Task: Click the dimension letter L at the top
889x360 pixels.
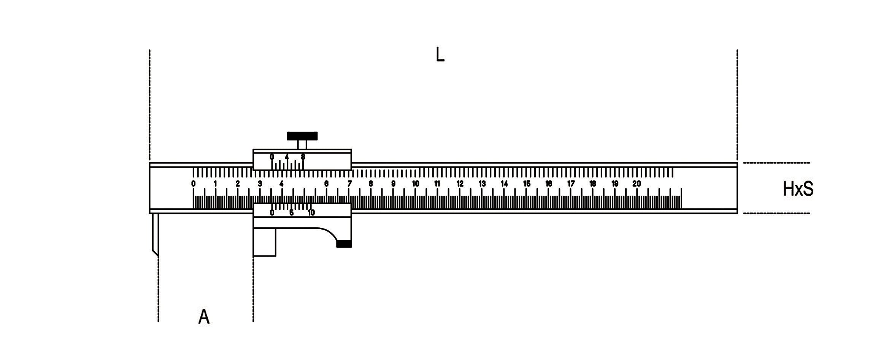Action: [x=440, y=56]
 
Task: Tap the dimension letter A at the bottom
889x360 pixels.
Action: [x=204, y=317]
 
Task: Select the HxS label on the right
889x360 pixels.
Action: [x=798, y=189]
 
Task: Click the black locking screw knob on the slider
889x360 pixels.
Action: [x=302, y=136]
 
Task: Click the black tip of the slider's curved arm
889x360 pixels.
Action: [x=344, y=244]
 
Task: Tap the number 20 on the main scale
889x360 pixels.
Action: [x=637, y=184]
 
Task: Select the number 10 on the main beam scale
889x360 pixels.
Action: [x=416, y=184]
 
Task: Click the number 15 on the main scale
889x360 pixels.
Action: [x=527, y=184]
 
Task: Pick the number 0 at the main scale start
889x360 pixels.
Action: [x=194, y=184]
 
